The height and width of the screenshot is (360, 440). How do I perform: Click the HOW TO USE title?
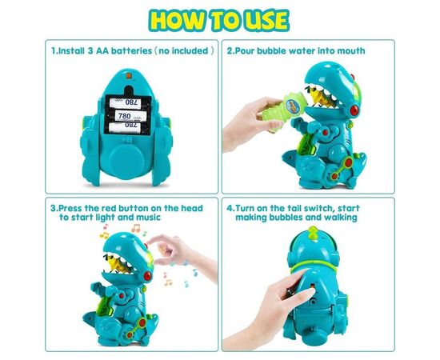219,20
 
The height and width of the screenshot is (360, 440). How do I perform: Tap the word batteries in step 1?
132,51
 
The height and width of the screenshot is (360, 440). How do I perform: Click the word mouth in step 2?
351,51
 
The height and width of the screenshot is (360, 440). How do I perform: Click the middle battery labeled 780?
127,116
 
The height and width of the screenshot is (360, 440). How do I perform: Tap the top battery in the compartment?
128,103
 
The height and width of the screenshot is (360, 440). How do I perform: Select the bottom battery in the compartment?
127,128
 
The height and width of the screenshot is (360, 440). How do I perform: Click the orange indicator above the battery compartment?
129,75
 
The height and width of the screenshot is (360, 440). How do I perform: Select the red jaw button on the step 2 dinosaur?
354,110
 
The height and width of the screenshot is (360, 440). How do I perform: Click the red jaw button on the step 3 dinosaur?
148,276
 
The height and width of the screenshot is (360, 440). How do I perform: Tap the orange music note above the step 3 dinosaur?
136,228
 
